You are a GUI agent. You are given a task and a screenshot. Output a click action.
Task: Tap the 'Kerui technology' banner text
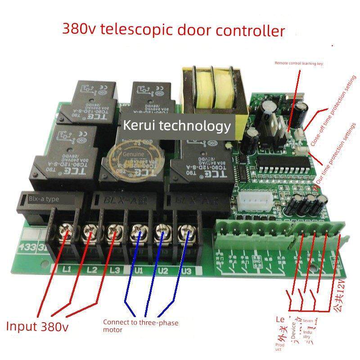point(177,126)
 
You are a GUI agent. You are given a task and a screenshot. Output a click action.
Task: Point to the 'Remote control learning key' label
point(299,63)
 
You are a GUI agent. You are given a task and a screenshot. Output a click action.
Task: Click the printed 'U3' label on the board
point(186,271)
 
